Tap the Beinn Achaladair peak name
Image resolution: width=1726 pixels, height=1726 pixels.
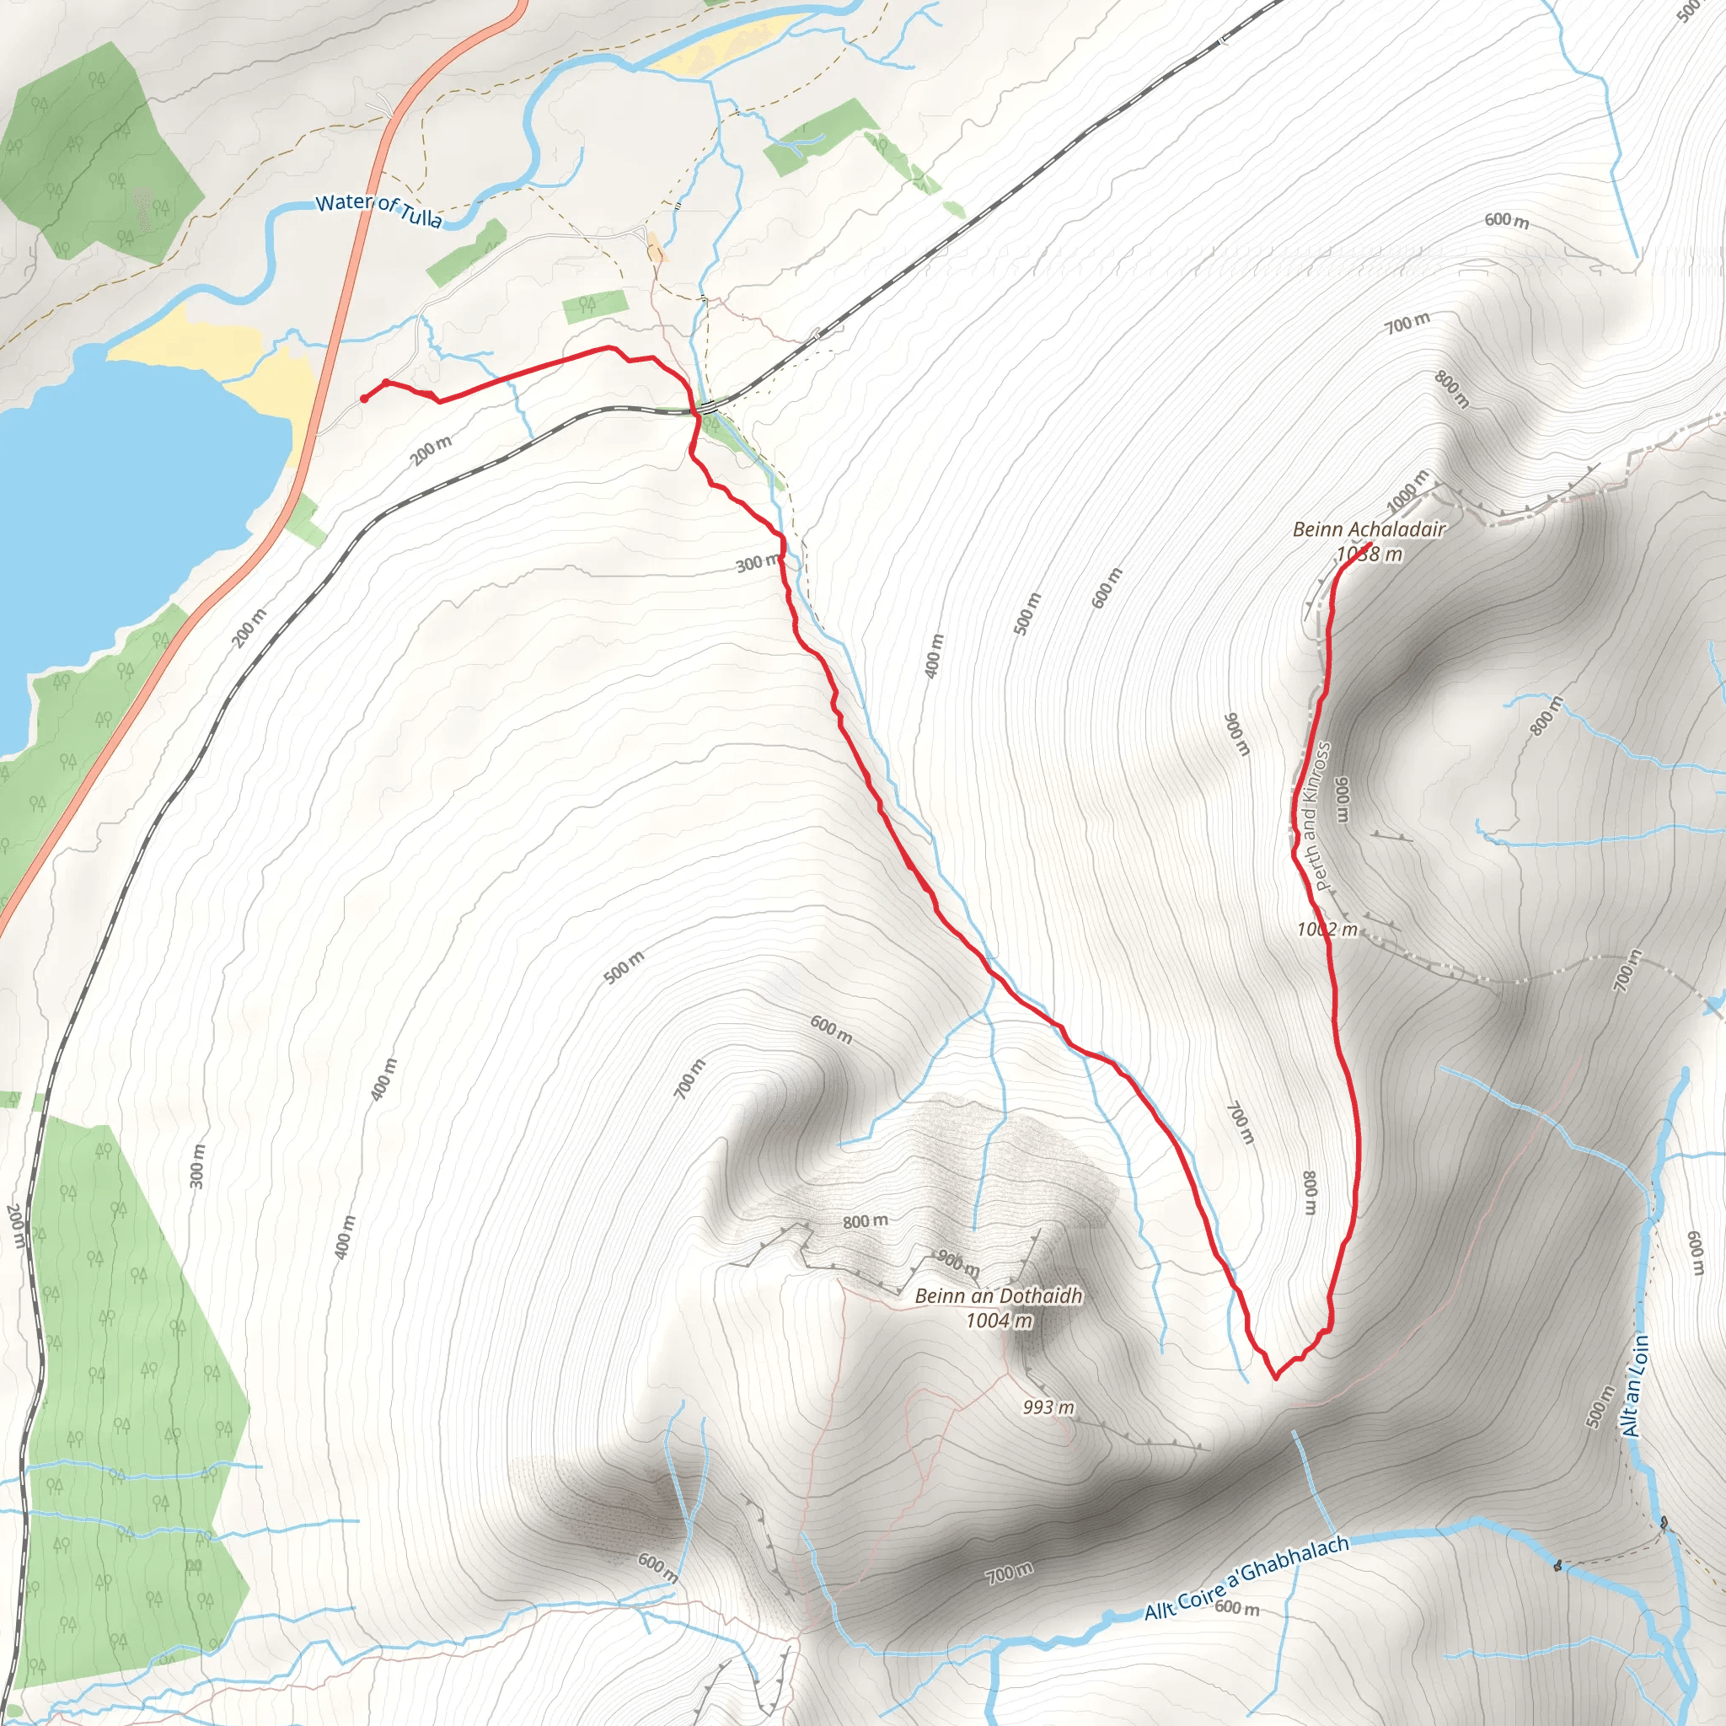1369,530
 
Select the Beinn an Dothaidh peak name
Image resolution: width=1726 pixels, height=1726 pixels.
998,1295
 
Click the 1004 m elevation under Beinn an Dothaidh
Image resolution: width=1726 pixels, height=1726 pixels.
999,1320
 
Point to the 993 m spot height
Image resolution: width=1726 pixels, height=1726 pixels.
1048,1408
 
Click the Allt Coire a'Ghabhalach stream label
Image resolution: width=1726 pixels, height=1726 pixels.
1246,1578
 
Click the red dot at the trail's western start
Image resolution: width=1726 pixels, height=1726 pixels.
363,399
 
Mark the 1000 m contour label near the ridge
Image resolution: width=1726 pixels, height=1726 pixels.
1408,489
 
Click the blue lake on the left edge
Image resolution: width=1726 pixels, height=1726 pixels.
116,501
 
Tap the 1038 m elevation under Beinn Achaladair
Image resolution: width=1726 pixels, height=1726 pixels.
1369,555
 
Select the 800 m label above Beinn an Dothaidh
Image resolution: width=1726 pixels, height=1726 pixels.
865,1220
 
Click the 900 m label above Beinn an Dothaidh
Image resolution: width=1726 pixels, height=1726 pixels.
957,1262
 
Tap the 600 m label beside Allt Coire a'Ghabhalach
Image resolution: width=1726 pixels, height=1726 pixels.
1237,1608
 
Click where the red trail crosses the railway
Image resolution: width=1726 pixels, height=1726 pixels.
694,411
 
